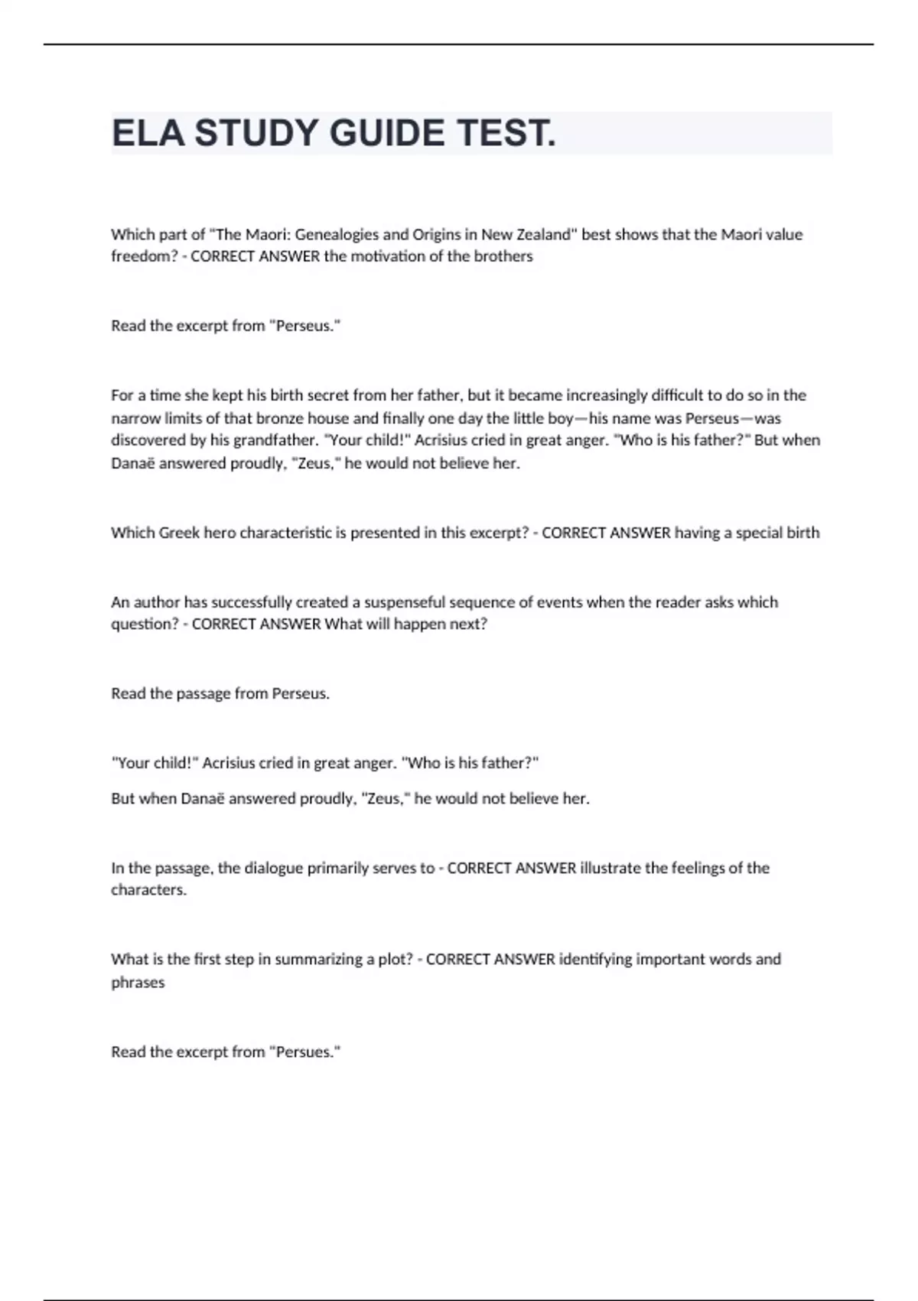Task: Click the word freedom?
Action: (x=144, y=256)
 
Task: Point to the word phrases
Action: (x=138, y=983)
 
